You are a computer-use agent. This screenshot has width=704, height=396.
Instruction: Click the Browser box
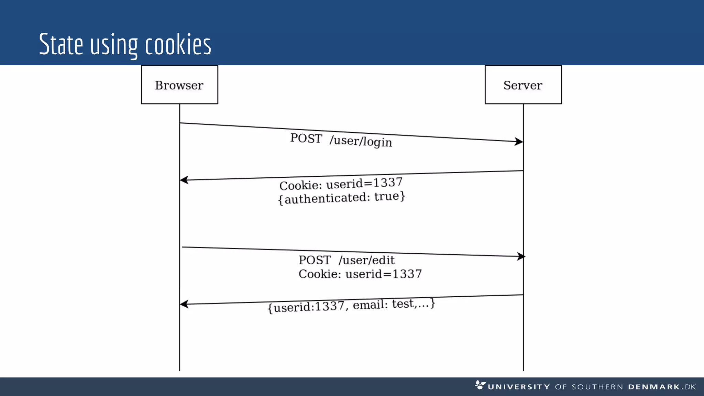179,85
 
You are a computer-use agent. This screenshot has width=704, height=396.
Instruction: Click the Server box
523,85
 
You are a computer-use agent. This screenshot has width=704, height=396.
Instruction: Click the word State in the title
61,44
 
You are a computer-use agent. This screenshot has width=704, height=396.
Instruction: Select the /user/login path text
361,141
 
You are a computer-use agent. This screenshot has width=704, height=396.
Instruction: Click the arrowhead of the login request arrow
519,141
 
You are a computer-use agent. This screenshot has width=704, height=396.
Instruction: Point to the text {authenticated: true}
342,198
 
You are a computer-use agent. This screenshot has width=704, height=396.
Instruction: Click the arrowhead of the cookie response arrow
184,180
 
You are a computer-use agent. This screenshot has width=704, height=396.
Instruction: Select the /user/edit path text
366,260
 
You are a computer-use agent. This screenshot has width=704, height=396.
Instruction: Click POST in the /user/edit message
315,260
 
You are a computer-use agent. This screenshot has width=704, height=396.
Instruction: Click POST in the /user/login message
306,138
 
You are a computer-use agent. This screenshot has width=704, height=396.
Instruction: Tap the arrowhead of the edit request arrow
521,256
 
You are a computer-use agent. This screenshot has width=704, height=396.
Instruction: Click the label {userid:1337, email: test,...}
351,305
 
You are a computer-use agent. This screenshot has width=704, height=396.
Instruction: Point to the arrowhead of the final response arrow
184,304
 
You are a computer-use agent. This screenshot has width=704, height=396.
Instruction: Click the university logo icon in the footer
480,385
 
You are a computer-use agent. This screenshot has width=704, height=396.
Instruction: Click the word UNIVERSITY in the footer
519,387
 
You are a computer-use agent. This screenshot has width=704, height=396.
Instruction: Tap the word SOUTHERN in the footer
597,387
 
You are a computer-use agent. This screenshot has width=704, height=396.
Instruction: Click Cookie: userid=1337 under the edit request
360,274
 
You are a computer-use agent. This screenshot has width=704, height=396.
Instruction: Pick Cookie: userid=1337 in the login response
341,184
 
